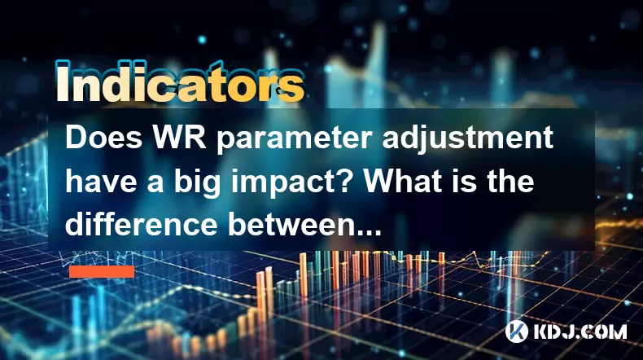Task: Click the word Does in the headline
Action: point(104,138)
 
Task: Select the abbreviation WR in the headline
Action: point(179,138)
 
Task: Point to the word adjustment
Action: point(468,140)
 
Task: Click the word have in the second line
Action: point(101,182)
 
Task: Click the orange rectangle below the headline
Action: point(102,272)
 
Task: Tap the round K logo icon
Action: point(517,331)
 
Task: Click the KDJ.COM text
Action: point(580,331)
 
